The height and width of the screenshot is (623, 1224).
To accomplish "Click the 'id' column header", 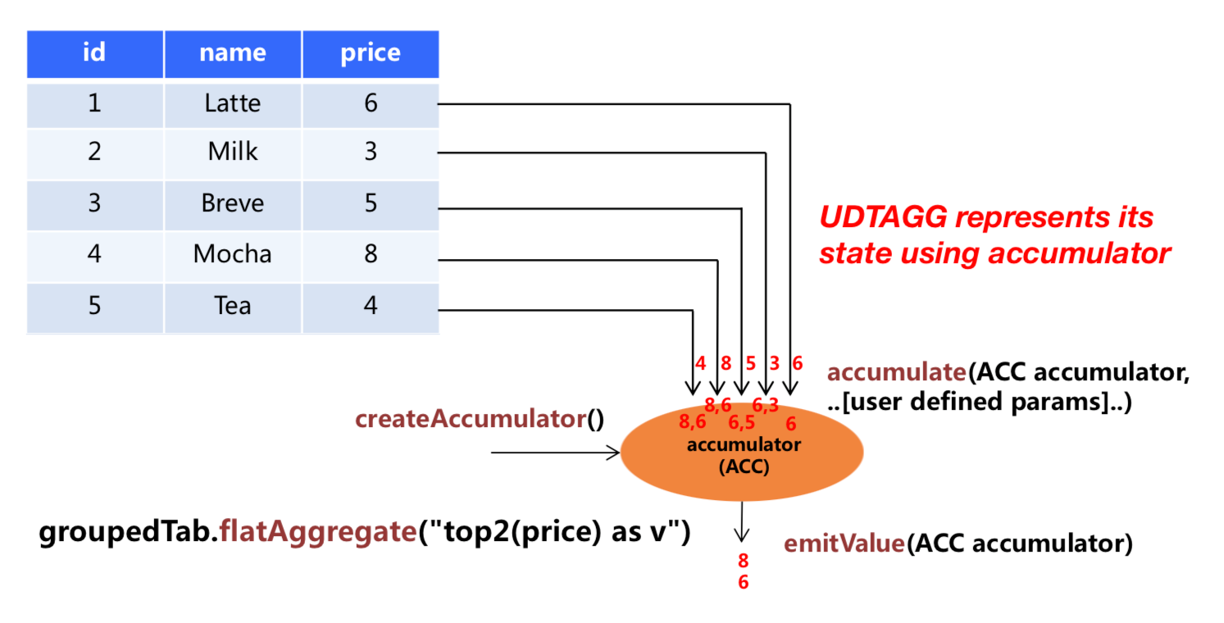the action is click(95, 53).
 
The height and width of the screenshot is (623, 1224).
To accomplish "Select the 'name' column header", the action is click(233, 53).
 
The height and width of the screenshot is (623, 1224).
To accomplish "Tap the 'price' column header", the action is click(371, 53).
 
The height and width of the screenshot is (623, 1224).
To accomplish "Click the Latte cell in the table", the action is click(233, 103).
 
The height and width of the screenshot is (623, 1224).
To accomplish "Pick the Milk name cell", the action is click(233, 152).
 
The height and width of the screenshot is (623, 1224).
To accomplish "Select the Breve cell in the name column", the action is click(233, 204).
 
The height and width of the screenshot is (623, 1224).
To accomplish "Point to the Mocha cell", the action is click(233, 255).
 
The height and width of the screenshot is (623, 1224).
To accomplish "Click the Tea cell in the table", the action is click(233, 306).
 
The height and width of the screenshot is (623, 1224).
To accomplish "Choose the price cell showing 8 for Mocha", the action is click(371, 255).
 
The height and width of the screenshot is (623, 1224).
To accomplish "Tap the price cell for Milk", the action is click(371, 152).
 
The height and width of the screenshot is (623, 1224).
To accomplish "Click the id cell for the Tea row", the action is click(95, 306).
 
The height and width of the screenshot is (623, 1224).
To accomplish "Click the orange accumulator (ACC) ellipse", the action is click(741, 452).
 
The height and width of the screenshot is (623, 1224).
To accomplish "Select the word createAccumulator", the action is click(471, 419).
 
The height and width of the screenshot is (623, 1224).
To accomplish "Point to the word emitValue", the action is click(844, 543).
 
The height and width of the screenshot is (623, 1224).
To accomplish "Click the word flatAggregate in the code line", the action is click(318, 532).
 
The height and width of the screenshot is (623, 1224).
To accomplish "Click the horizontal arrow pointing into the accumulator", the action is click(555, 452).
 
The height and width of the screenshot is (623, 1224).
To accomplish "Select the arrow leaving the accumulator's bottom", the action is click(741, 522).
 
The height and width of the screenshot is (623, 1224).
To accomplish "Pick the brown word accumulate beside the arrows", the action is click(897, 373).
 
